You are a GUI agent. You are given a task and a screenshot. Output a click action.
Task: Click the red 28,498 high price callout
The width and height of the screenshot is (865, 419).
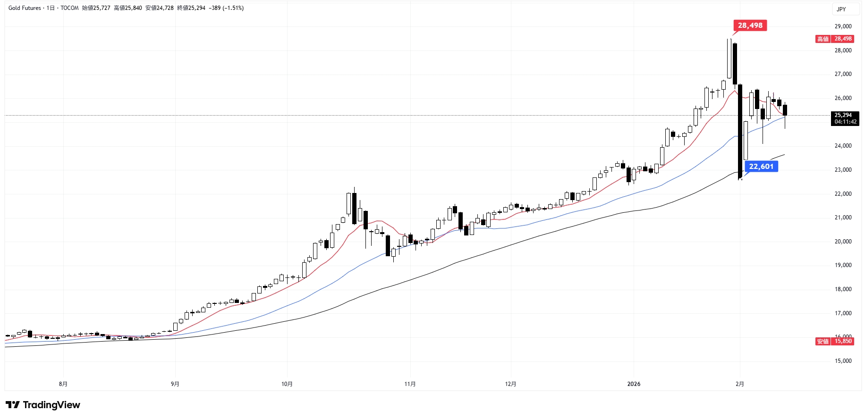tap(750, 25)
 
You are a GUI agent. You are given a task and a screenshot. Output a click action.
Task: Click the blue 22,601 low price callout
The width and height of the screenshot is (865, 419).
tap(761, 167)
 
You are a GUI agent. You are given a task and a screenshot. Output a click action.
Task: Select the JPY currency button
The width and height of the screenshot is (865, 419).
tap(841, 9)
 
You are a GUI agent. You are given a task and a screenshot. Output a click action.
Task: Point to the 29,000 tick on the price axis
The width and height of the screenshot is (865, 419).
tap(843, 26)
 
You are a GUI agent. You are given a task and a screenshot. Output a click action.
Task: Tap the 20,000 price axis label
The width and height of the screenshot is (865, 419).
tap(843, 242)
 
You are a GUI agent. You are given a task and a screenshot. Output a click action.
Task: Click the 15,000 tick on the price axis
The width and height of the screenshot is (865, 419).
tap(843, 361)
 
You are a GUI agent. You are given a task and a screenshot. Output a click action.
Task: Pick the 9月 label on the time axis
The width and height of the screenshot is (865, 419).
tap(175, 384)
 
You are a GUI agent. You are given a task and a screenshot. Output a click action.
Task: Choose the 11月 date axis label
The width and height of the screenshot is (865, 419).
tap(410, 384)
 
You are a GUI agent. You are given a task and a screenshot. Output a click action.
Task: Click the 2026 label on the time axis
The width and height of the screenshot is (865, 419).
tap(634, 384)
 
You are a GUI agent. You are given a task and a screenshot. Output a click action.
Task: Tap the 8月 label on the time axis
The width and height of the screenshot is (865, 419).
tap(63, 384)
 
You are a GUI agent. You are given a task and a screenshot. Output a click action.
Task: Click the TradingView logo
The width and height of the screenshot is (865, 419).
tap(43, 405)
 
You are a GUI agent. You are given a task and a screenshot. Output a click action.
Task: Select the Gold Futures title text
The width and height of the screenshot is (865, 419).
tap(25, 8)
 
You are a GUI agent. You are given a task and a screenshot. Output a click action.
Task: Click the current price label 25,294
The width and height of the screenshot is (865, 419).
tap(843, 115)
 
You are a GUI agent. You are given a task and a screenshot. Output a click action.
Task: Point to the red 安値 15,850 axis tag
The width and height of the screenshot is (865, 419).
tap(834, 341)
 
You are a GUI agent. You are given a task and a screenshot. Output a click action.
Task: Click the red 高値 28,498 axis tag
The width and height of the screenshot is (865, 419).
tap(834, 39)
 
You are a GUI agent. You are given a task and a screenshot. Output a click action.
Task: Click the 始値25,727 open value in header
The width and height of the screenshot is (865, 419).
tap(96, 8)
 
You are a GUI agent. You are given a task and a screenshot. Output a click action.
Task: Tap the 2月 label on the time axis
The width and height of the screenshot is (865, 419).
tap(740, 384)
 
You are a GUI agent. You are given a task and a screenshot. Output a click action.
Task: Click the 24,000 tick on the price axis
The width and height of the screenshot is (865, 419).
tap(843, 146)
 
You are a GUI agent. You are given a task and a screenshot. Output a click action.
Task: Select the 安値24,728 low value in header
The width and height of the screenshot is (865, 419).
tap(160, 8)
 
